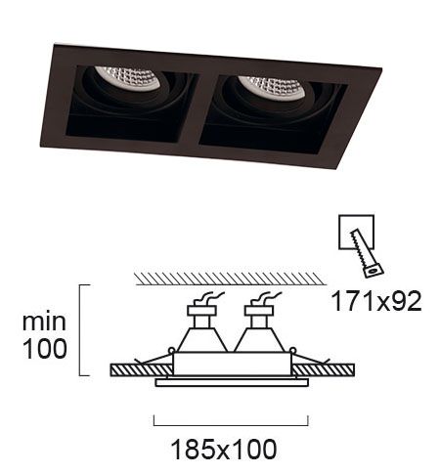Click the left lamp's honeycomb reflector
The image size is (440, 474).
point(130,78)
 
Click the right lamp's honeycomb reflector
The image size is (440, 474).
point(273,87)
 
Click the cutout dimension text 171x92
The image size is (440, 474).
point(376,302)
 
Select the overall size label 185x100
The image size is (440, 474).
point(224,450)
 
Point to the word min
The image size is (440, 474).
point(44,323)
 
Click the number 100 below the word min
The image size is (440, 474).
point(45,349)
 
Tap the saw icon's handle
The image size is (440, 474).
point(374,270)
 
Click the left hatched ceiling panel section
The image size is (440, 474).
point(142,370)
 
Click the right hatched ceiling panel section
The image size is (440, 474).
point(324,370)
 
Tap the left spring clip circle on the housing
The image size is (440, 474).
point(171,351)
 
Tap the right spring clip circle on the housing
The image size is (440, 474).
point(292,351)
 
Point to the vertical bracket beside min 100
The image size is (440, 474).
point(80,330)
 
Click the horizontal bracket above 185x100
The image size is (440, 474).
point(231,425)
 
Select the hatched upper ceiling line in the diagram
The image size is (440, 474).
point(230,279)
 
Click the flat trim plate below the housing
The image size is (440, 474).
point(232,383)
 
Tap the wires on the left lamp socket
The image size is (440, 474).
point(209,298)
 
